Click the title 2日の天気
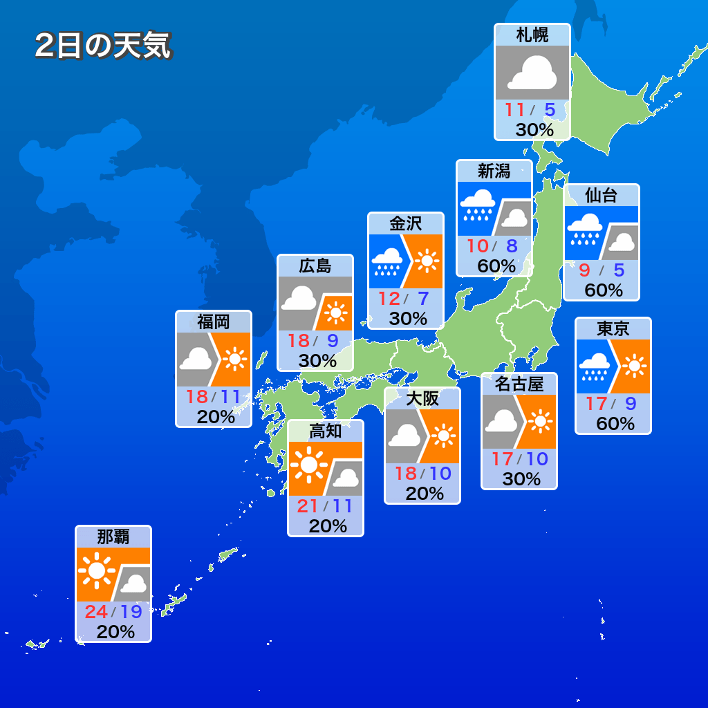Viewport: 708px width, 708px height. point(102,46)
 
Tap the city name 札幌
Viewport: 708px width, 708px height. point(532,35)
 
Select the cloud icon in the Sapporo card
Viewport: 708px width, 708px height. point(532,73)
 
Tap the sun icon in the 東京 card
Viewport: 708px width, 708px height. point(633,366)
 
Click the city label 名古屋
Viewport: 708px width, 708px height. point(519,384)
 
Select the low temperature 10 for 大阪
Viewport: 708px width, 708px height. point(440,474)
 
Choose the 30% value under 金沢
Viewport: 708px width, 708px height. point(407,318)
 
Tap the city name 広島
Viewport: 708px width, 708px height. point(315,265)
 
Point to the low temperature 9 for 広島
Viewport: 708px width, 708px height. point(332,340)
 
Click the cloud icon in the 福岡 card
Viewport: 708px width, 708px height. point(196,358)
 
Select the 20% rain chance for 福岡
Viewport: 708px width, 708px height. point(215,417)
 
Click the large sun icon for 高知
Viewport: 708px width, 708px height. point(309,463)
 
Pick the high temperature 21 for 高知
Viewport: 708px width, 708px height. point(307,506)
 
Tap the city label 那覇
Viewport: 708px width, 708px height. point(113,537)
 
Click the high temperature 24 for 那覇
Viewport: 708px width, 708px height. point(95,612)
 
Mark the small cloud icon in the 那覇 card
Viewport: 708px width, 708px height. point(133,585)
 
